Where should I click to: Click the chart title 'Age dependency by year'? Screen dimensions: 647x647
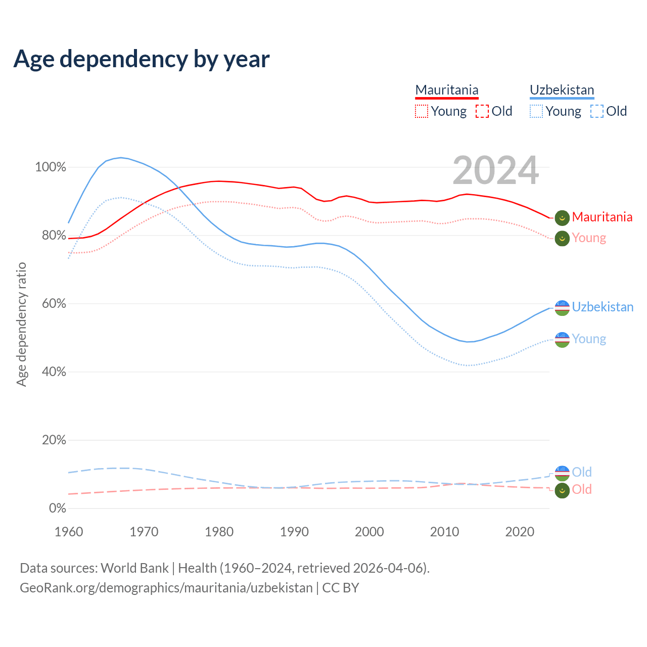coord(142,59)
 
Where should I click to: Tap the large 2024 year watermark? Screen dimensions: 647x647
coord(495,170)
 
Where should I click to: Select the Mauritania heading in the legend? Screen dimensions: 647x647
coord(447,90)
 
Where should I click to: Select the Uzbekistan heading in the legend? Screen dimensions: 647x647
coord(562,90)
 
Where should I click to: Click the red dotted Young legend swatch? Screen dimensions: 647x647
coord(421,111)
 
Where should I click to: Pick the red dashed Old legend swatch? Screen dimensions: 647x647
coord(482,111)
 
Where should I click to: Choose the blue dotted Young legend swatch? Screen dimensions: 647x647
coord(536,111)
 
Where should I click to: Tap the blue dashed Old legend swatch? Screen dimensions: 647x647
coord(597,111)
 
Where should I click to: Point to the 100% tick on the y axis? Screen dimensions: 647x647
coord(51,167)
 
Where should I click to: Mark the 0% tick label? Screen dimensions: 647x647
coord(57,509)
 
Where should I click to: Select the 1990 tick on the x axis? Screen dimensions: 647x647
coord(294,532)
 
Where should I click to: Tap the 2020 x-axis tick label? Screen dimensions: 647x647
coord(520,532)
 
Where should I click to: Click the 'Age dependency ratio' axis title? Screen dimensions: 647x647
coord(21,324)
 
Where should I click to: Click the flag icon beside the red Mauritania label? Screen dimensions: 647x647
coord(562,218)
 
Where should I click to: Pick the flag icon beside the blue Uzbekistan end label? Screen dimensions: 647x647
coord(562,307)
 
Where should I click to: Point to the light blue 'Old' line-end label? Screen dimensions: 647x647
coord(582,472)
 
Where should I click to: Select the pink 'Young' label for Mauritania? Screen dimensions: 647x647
coord(589,238)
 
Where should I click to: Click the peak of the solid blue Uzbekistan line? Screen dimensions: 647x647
coord(120,157)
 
